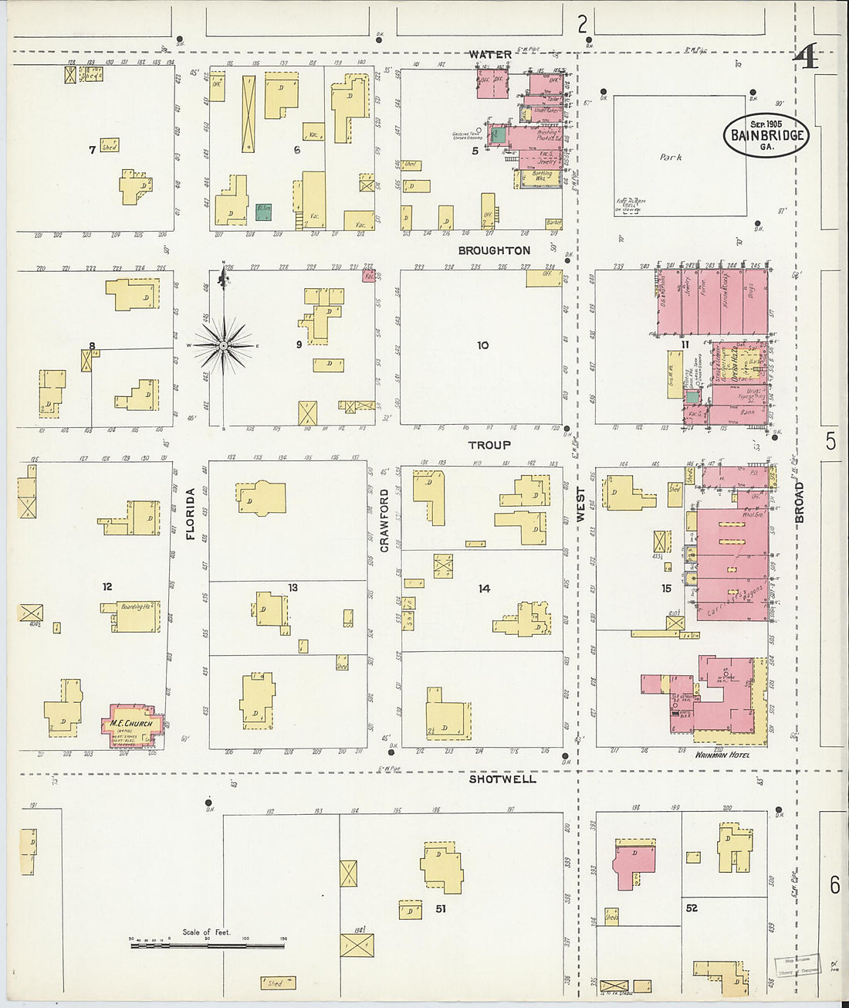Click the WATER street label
tap(490, 54)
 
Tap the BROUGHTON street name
tap(494, 250)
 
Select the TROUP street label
tap(489, 445)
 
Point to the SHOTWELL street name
tap(502, 779)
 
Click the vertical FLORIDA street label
tap(190, 514)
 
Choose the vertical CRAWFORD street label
tap(384, 520)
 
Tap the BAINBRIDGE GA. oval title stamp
tap(766, 135)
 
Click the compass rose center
tap(224, 345)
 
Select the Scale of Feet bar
tap(207, 943)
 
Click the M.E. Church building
tap(133, 724)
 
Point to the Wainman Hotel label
tap(722, 755)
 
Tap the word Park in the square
tap(671, 157)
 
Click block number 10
tap(482, 345)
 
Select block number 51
tap(440, 908)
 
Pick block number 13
tap(293, 588)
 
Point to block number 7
tap(92, 150)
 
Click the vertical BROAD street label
tap(800, 502)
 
